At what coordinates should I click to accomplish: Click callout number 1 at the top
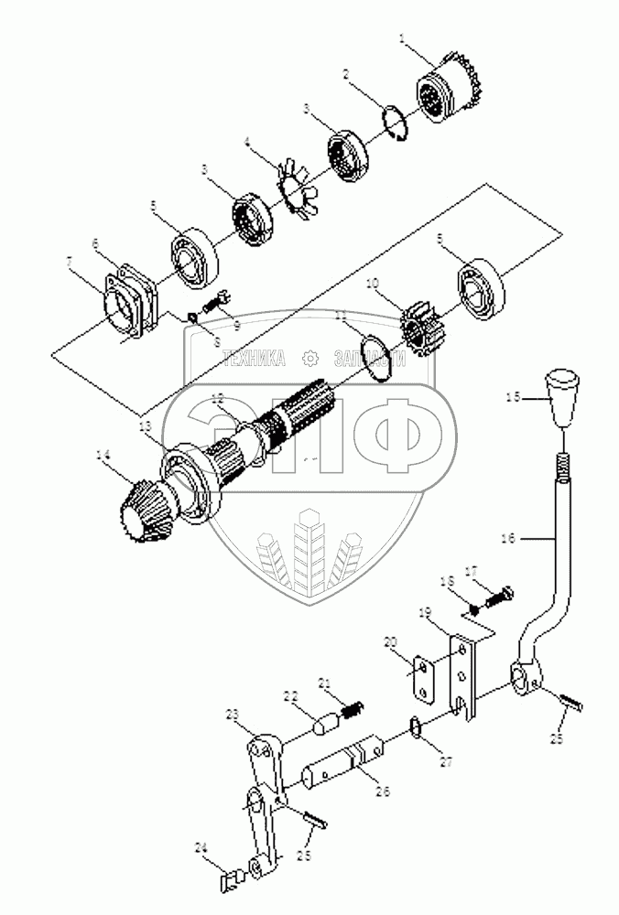(402, 39)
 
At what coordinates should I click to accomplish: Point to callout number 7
(70, 263)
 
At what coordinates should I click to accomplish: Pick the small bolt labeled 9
(215, 300)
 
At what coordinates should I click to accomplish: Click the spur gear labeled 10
(418, 325)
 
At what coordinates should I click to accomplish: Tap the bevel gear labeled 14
(145, 511)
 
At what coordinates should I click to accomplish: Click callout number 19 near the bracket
(451, 609)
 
